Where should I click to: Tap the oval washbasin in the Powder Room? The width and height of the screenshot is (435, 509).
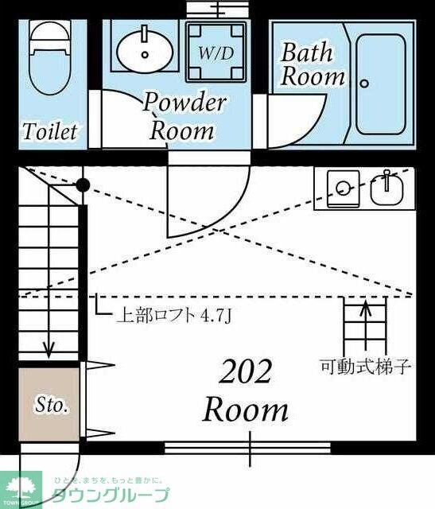click(145, 50)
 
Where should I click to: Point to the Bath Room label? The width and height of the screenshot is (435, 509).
click(313, 65)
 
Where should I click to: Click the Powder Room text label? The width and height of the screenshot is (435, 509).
click(184, 116)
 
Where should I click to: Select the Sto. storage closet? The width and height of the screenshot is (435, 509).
click(50, 406)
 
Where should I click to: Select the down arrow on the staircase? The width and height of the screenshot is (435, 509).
click(49, 347)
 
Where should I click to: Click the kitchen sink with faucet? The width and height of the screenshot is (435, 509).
click(387, 188)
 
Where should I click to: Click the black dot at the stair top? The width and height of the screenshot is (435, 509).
click(81, 186)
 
